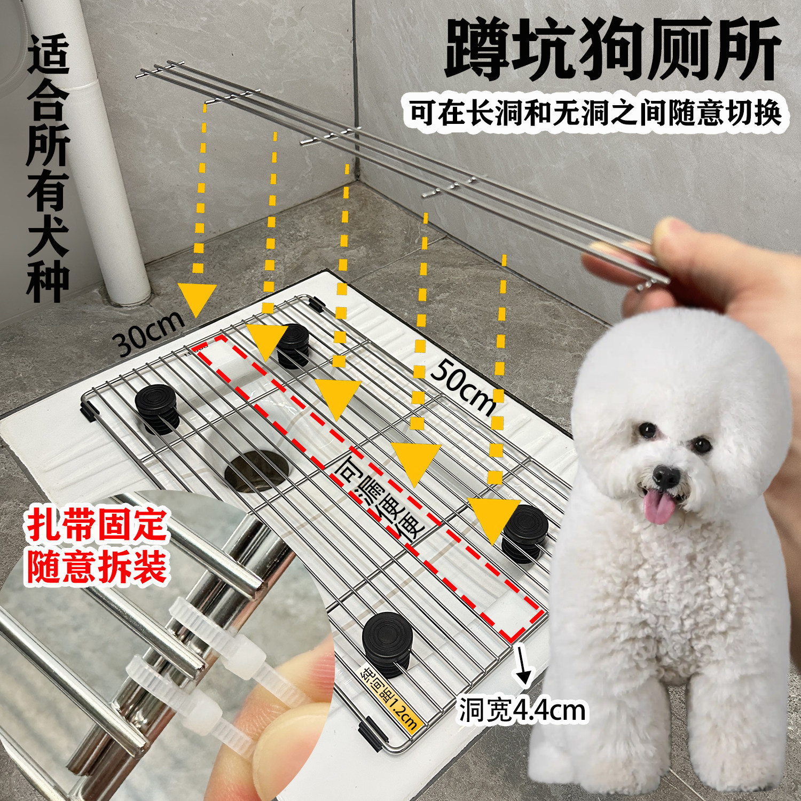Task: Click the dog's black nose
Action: coord(665,475)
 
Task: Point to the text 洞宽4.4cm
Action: coord(522,710)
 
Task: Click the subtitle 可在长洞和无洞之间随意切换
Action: coord(595,113)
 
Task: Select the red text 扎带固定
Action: coord(97,525)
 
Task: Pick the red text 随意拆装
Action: coord(97,567)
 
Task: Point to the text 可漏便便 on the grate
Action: coord(379,497)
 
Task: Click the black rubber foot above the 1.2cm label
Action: coord(387,641)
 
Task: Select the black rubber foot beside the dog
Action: coord(525,531)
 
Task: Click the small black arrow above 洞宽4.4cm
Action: coord(523,667)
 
